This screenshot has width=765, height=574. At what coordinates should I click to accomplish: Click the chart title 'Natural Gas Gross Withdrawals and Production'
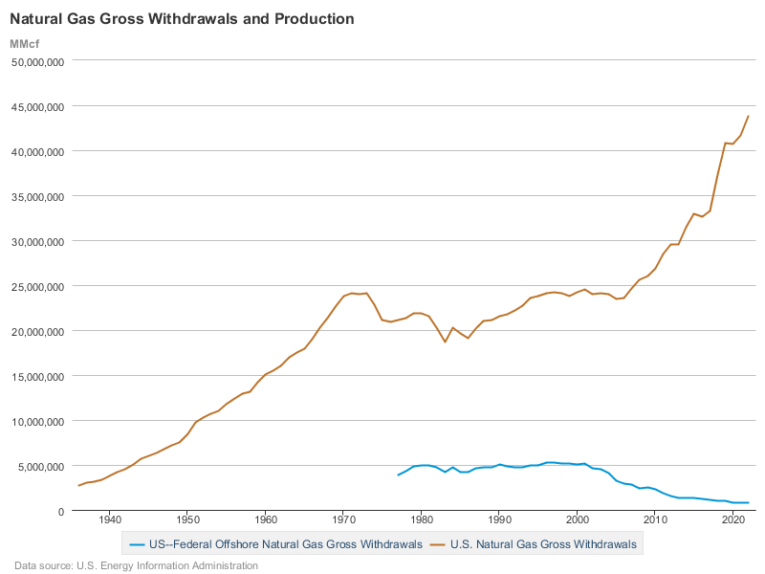tap(182, 19)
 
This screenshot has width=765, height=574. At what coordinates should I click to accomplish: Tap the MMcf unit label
tap(25, 44)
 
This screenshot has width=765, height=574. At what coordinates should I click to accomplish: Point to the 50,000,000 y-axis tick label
tap(36, 61)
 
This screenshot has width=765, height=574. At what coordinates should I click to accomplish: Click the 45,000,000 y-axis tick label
tap(36, 106)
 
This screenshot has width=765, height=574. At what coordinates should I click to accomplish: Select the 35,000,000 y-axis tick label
tap(36, 196)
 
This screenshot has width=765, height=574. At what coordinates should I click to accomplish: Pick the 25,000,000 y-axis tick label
tap(36, 286)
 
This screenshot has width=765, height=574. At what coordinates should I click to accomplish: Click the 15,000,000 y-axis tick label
tap(36, 376)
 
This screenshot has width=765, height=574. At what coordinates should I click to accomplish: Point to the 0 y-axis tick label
tap(59, 511)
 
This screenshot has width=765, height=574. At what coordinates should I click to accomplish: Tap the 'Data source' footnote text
tap(136, 565)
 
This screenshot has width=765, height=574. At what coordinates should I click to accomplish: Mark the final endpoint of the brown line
tap(749, 116)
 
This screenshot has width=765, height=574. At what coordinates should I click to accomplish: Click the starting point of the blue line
tap(399, 475)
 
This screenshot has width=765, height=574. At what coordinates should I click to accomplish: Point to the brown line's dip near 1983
tap(445, 342)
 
